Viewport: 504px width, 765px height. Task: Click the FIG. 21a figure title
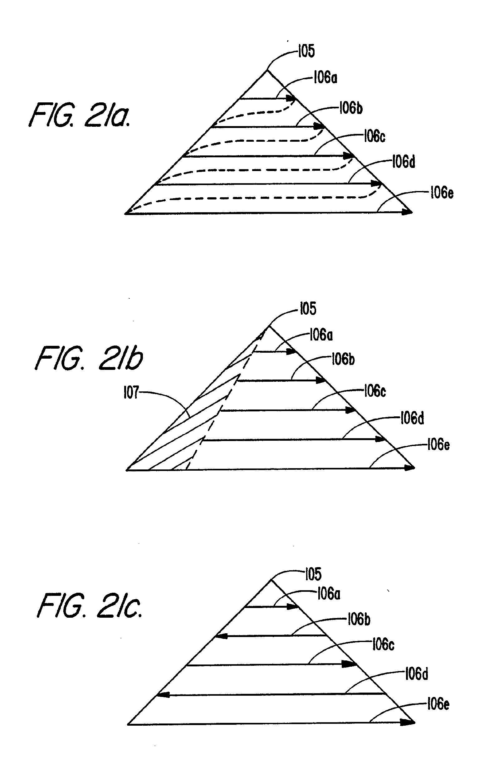click(80, 115)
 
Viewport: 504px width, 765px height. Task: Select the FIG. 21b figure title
click(89, 358)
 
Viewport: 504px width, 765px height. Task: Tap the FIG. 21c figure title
click(90, 606)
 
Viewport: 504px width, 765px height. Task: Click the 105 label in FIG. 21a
click(306, 51)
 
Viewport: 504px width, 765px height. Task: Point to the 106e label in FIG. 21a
click(442, 193)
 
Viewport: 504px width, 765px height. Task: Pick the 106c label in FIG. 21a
click(374, 136)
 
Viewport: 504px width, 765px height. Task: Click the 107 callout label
click(131, 392)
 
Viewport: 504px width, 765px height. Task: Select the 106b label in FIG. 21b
click(343, 359)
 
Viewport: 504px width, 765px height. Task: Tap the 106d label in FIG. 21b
click(412, 418)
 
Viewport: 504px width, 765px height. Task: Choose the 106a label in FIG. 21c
click(329, 594)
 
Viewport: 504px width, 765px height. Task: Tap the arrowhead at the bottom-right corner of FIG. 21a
click(408, 212)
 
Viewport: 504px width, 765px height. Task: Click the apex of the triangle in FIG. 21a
click(267, 71)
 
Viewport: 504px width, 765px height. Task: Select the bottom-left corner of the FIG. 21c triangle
click(129, 724)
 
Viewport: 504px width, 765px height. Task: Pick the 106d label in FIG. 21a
click(404, 162)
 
